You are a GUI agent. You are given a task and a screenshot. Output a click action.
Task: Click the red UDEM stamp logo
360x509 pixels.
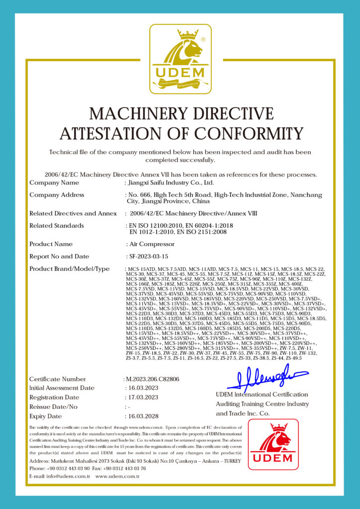(x=273, y=444)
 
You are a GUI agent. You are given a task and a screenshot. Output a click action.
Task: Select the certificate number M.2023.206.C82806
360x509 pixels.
(x=151, y=379)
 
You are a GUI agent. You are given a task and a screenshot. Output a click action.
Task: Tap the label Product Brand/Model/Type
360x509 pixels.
(x=69, y=269)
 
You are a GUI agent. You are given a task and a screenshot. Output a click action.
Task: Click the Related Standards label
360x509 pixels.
(x=57, y=226)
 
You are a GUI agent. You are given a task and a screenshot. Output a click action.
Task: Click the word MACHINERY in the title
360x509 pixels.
(x=140, y=114)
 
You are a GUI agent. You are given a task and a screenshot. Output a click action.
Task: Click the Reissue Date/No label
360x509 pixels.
(x=54, y=407)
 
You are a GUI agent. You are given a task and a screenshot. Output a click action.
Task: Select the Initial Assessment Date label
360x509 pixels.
(x=62, y=388)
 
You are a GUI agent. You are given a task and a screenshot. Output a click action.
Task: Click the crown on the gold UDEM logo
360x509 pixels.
(x=188, y=35)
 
